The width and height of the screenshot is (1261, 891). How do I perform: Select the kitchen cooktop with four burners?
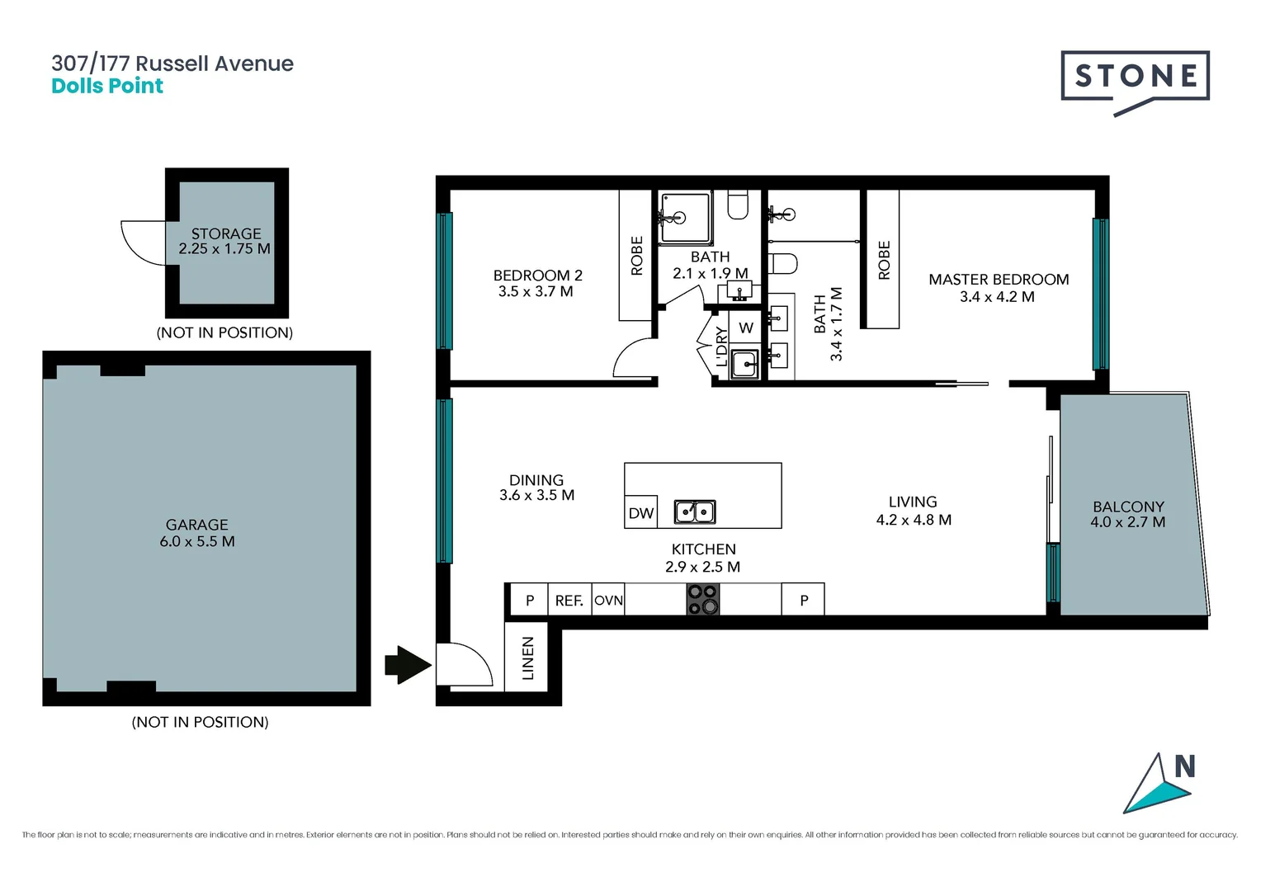point(703,600)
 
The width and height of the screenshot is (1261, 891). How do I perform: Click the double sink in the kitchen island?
point(695,512)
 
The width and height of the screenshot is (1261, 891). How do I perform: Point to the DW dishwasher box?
point(640,513)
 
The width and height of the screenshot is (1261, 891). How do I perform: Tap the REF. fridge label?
point(569,601)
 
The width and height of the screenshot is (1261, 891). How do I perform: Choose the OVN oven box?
point(609,601)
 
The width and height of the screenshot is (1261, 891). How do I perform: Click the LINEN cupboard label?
point(528,658)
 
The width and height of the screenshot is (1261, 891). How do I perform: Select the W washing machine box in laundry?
point(746,328)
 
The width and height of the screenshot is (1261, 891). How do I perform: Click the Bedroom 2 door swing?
point(634,360)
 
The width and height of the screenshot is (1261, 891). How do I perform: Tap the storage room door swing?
point(145,243)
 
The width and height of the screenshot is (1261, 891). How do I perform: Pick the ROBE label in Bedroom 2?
point(636,256)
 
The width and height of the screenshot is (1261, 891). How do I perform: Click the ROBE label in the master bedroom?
point(884,260)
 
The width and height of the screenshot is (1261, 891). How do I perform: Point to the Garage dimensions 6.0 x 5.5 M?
point(197,542)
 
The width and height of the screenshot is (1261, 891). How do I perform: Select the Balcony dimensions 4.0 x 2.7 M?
point(1127,522)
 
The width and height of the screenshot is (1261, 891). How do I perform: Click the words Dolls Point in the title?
point(107,87)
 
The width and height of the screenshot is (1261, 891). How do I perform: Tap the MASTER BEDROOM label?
point(999,280)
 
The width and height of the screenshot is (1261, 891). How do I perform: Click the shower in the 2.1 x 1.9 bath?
point(685,217)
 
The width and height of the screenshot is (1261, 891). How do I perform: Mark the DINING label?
point(536,480)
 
